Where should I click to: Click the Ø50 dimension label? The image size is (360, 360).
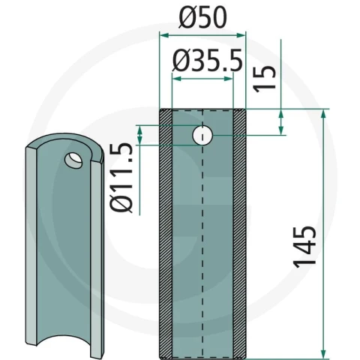pyautogui.click(x=202, y=17)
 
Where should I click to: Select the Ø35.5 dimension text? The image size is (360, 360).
pyautogui.click(x=208, y=60)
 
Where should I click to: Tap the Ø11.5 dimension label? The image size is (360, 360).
pyautogui.click(x=121, y=178)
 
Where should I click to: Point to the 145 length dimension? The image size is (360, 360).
pyautogui.click(x=304, y=247)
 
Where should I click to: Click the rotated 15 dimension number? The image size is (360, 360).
pyautogui.click(x=265, y=79)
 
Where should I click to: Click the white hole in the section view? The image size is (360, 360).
pyautogui.click(x=202, y=135)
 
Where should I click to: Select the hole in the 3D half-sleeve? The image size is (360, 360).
pyautogui.click(x=73, y=160)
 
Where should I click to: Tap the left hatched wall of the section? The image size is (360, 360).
pyautogui.click(x=166, y=233)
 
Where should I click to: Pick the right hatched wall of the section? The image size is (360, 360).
pyautogui.click(x=239, y=233)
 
